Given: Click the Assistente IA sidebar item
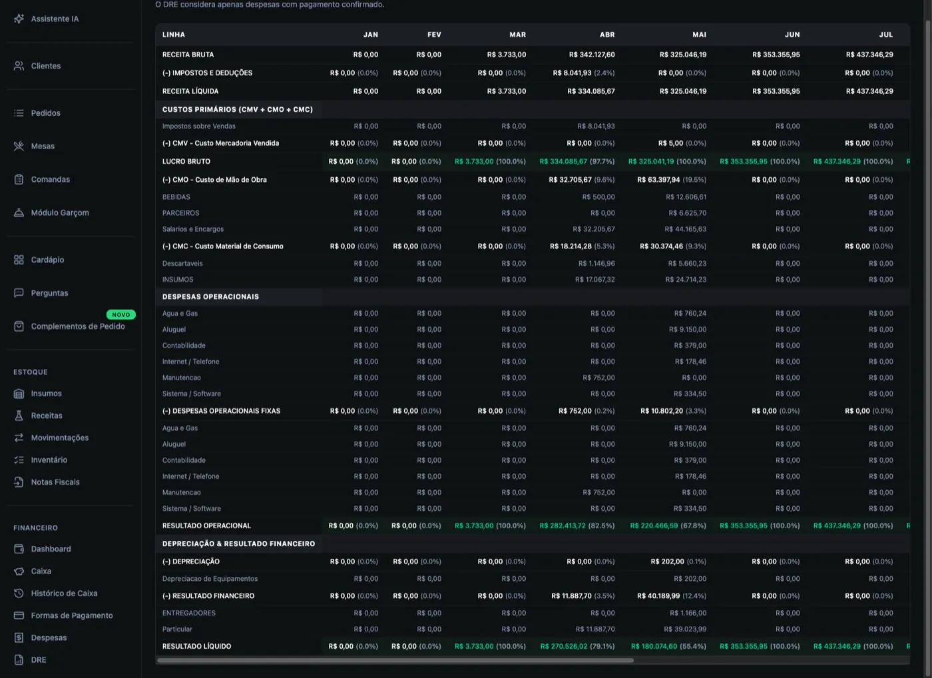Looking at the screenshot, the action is click(x=46, y=19).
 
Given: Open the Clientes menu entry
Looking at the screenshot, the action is click(x=37, y=66).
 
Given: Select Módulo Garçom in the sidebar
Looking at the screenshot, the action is click(x=51, y=212).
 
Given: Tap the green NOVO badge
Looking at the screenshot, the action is click(x=120, y=314).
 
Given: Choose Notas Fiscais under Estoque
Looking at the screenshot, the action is click(x=47, y=482).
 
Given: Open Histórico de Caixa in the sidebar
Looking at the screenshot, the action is click(x=56, y=593).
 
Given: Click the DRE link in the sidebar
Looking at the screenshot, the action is click(x=30, y=660).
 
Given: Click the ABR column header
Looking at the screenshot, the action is click(x=607, y=35).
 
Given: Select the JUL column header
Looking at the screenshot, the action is click(x=886, y=35).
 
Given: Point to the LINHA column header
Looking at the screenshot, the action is click(x=174, y=35).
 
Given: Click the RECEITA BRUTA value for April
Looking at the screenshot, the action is click(x=592, y=55).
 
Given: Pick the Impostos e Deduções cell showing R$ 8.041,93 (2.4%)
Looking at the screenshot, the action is click(x=583, y=73).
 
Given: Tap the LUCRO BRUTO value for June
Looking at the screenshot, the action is click(x=760, y=161).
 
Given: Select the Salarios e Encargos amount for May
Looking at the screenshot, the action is click(x=685, y=229).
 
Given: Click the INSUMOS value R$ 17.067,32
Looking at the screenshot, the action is click(x=595, y=279).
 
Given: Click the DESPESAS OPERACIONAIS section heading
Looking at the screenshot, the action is click(x=210, y=297).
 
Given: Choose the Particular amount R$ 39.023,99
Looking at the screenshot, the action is click(x=685, y=629).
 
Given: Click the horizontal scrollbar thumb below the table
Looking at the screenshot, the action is click(x=395, y=660).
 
